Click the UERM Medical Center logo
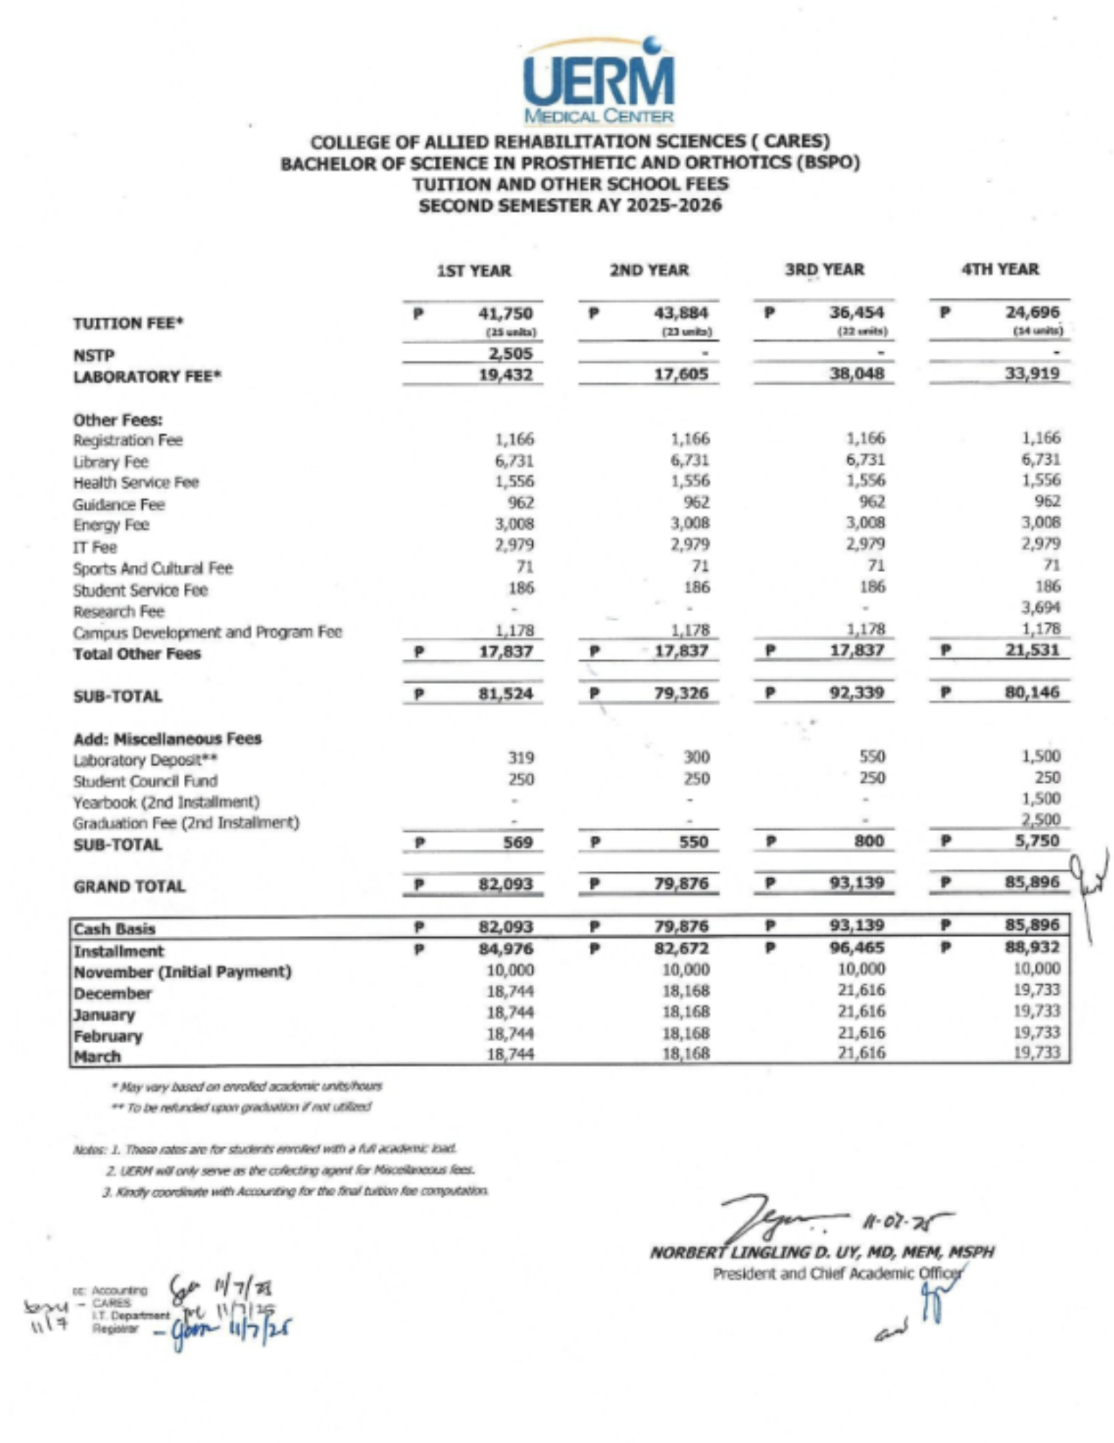click(598, 81)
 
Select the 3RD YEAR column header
click(824, 270)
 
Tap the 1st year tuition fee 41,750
click(505, 313)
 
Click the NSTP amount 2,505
click(510, 354)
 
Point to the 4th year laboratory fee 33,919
click(1033, 373)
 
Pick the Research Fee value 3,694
click(1040, 608)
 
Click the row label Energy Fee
click(111, 525)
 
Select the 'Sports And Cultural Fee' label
click(153, 569)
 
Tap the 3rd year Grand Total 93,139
click(857, 882)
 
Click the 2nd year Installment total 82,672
click(681, 947)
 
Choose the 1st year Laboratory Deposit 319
click(521, 758)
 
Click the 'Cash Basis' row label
click(115, 929)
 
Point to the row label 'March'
click(97, 1056)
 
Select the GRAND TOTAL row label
click(129, 886)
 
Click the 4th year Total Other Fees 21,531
click(1033, 649)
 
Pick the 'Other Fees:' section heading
click(118, 420)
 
